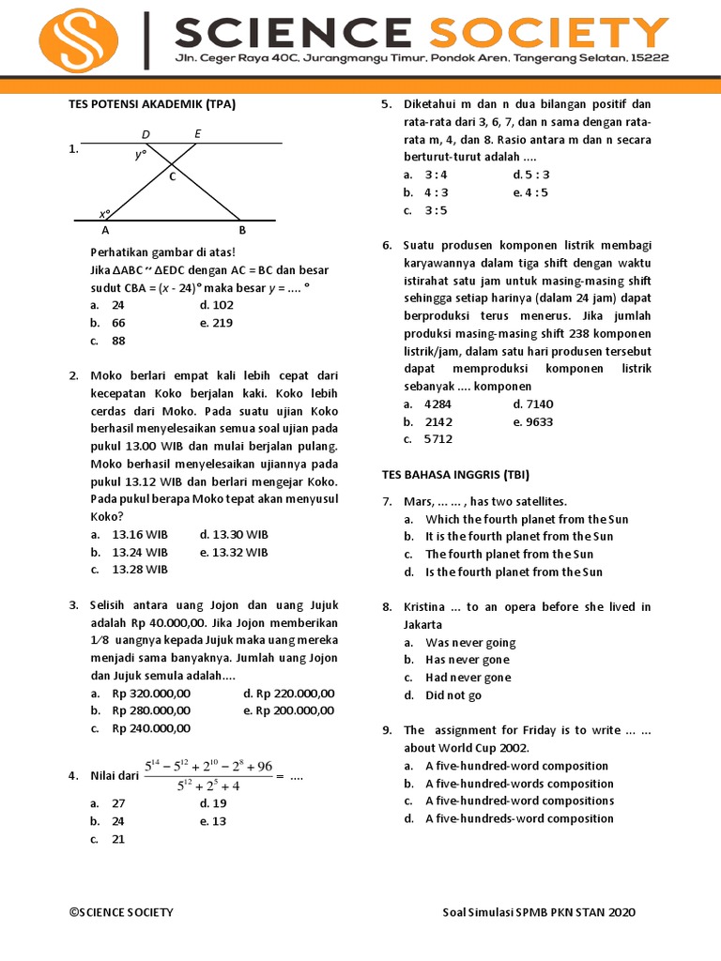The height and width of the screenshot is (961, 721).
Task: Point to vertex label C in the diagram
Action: coord(173,176)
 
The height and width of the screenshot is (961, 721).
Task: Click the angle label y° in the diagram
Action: coord(141,155)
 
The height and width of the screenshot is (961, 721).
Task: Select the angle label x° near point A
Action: coord(105,214)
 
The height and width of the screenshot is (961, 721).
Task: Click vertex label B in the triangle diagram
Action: coord(242,230)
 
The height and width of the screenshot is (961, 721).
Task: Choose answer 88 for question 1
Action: coord(118,341)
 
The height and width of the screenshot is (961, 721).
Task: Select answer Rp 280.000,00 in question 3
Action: coord(150,710)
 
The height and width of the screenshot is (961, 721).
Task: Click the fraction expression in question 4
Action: coord(208,776)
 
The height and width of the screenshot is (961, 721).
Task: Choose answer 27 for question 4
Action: coord(118,803)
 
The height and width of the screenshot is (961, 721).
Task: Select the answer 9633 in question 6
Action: coord(533,421)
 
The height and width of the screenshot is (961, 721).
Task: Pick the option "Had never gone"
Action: coord(468,678)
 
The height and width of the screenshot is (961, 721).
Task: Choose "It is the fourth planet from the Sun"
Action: coord(519,537)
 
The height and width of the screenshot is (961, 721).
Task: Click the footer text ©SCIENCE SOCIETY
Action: coord(121,912)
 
